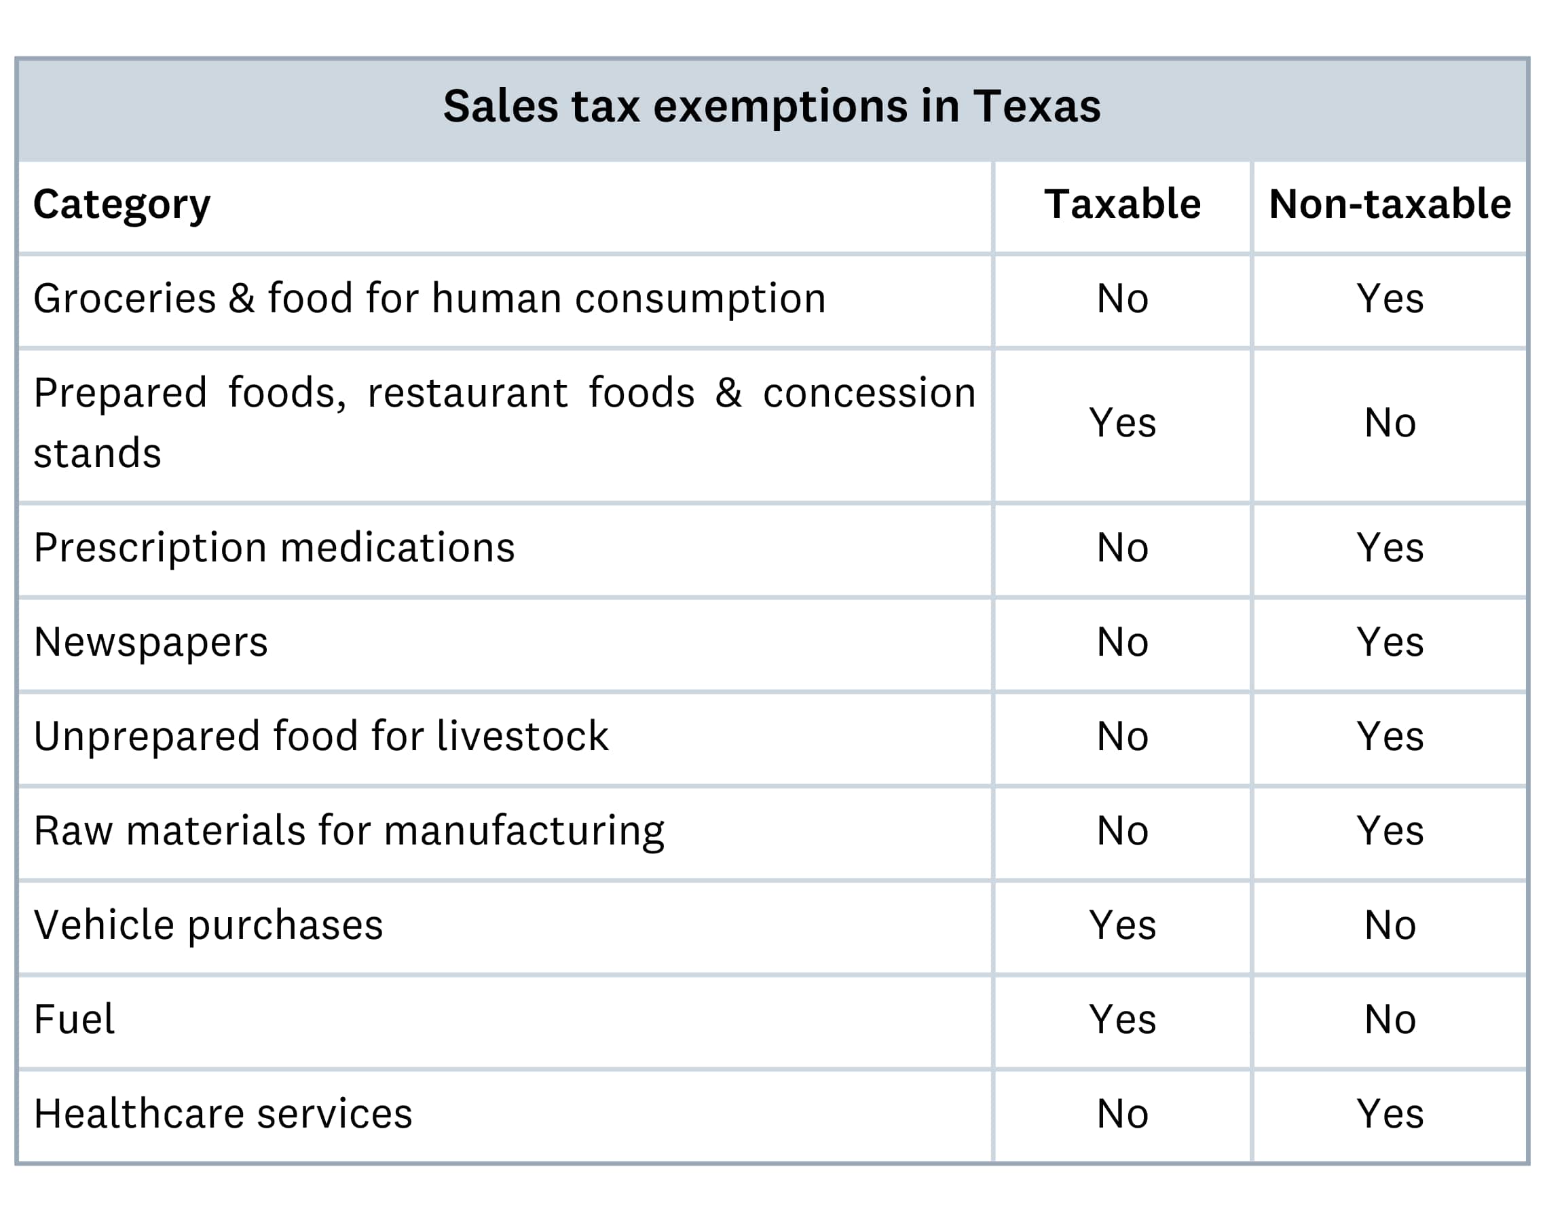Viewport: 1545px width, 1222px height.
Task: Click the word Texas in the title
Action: click(x=1037, y=107)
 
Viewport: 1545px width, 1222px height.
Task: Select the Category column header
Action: click(x=122, y=205)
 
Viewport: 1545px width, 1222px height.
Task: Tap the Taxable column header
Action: click(x=1122, y=204)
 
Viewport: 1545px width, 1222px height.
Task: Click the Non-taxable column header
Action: click(x=1390, y=204)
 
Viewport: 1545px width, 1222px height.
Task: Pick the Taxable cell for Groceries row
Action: click(x=1122, y=299)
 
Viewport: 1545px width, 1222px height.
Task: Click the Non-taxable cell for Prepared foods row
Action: click(x=1390, y=423)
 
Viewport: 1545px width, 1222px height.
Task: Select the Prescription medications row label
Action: click(x=274, y=549)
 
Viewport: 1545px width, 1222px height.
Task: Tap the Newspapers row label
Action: click(x=151, y=642)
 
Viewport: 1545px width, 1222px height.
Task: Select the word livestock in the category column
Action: click(x=522, y=737)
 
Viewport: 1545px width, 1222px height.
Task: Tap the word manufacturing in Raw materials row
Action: click(x=523, y=832)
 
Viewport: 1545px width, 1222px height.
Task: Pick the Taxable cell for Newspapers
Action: click(x=1122, y=642)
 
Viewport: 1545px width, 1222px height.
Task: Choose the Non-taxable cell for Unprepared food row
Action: click(x=1390, y=737)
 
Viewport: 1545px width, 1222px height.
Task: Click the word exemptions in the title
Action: click(x=781, y=108)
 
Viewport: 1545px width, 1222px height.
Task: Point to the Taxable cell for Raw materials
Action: click(x=1122, y=832)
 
